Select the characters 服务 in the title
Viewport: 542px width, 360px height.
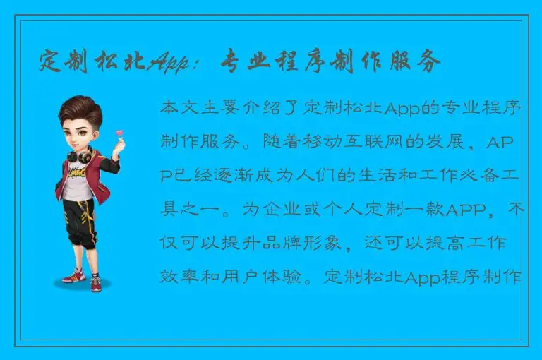coord(417,62)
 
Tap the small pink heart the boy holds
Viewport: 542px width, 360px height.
coord(120,133)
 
